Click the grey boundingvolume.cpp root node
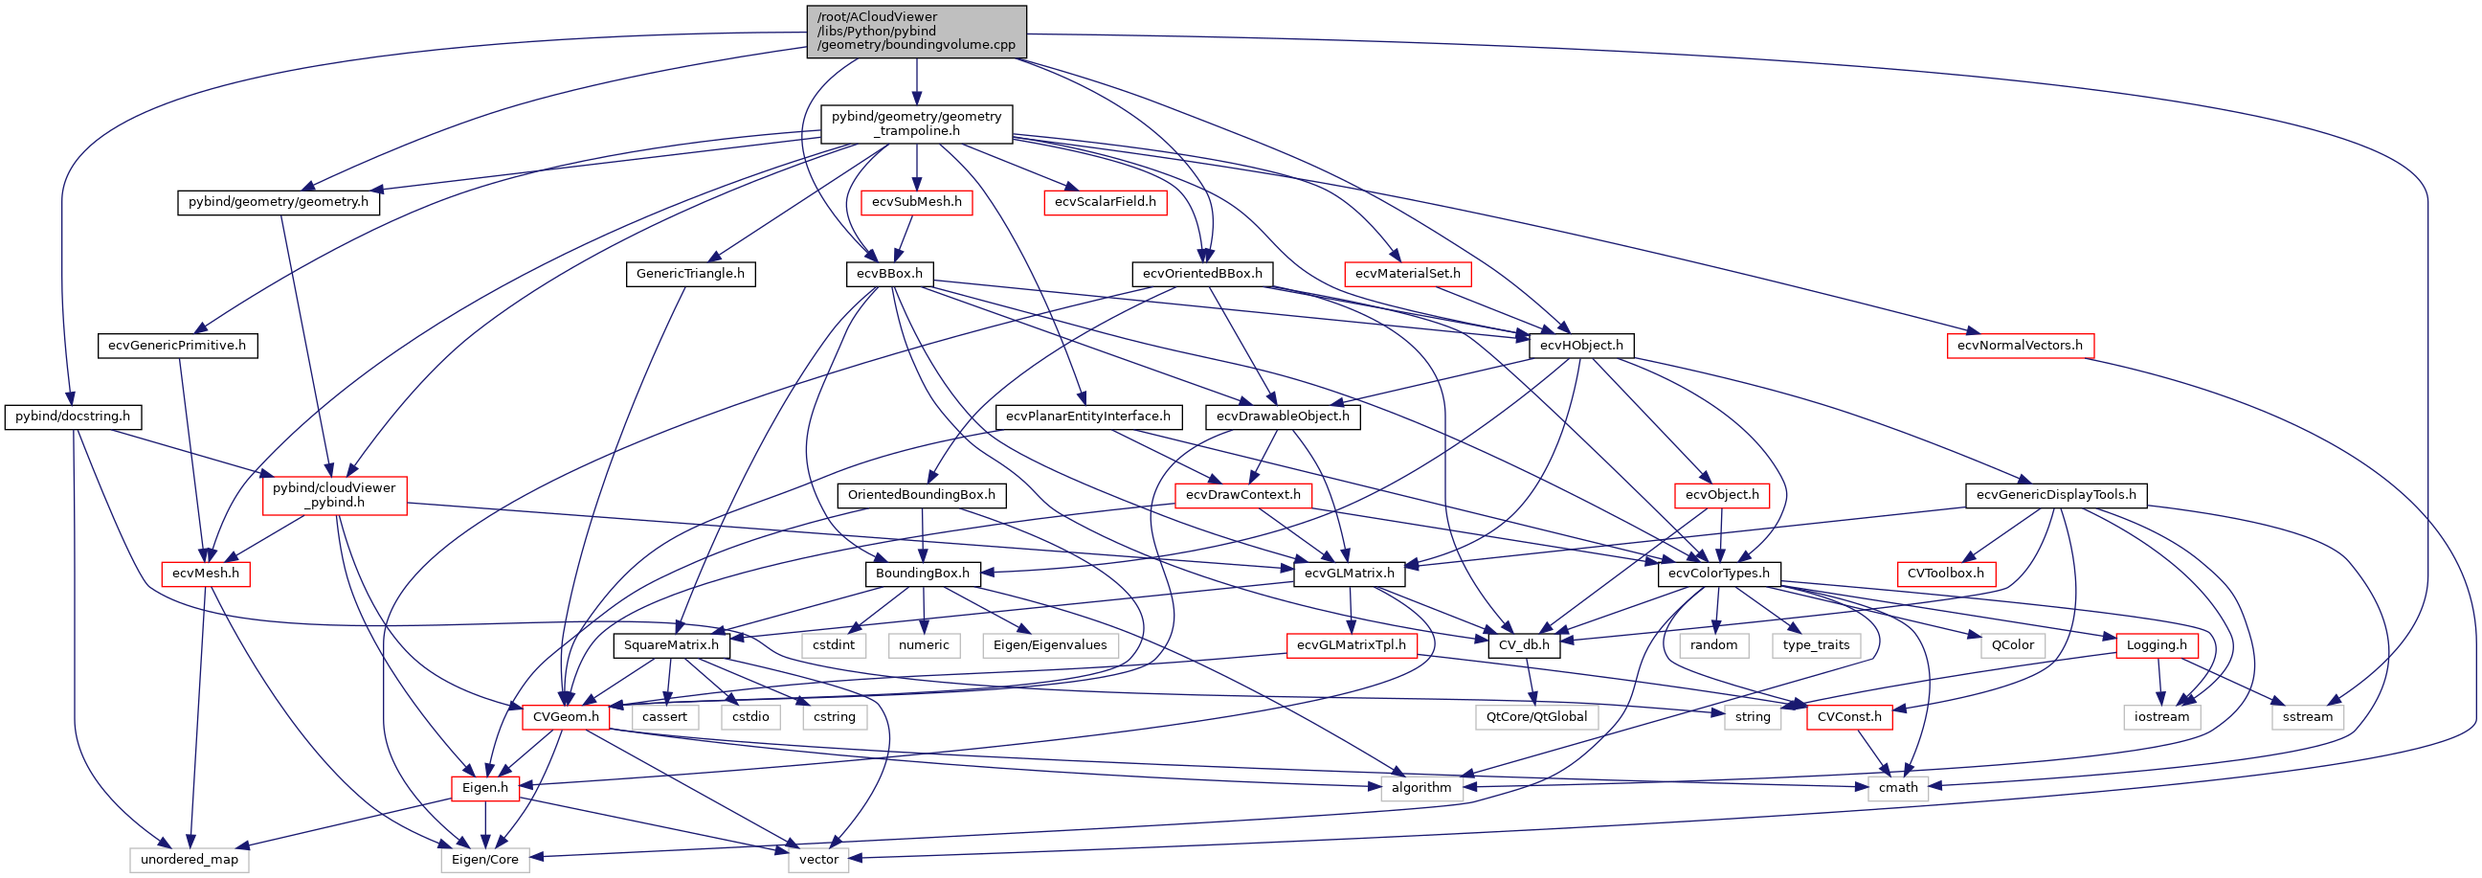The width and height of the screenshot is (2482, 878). pos(916,31)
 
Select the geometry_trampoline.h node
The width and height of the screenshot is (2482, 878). pos(916,124)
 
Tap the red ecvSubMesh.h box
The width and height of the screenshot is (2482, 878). pos(916,202)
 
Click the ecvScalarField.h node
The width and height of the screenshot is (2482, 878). pos(1106,202)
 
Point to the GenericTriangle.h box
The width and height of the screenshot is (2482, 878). pos(691,274)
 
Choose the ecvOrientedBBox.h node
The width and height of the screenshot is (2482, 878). pos(1201,274)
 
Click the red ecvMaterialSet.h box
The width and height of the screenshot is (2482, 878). pos(1407,274)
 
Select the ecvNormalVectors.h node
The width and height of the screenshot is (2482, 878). pos(2020,345)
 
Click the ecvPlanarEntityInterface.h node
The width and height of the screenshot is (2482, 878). pos(1087,416)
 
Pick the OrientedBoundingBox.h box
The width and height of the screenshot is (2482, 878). pos(922,495)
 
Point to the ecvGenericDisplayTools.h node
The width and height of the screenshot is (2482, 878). pos(2055,495)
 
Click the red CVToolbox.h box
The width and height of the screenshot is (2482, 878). pos(1946,574)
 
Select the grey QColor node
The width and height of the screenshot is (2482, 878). pos(2013,644)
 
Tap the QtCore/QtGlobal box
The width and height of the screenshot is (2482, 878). pos(1537,716)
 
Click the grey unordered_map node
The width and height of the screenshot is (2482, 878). pos(190,860)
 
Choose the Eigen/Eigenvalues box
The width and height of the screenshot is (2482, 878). pos(1050,644)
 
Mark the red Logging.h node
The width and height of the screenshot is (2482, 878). pos(2157,644)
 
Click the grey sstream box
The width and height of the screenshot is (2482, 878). pos(2308,716)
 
